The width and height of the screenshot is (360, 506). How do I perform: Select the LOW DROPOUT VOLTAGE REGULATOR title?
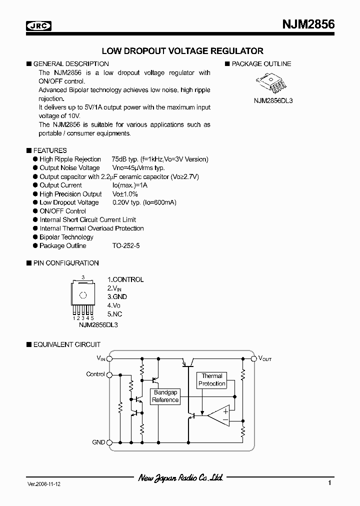click(182, 51)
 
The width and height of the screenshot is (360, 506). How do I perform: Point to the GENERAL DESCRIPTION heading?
click(70, 64)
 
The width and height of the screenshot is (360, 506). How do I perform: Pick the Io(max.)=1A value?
click(130, 185)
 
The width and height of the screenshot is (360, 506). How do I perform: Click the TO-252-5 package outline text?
click(127, 245)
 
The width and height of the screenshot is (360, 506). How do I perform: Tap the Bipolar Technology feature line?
click(66, 237)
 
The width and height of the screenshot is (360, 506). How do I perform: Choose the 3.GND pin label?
click(117, 296)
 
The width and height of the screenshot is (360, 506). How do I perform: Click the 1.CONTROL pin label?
click(125, 279)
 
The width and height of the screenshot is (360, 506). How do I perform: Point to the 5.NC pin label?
click(114, 314)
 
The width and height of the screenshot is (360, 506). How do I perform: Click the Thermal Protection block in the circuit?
click(212, 380)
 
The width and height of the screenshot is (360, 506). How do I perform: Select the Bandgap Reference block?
click(165, 396)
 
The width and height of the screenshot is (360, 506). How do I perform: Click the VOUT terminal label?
click(264, 358)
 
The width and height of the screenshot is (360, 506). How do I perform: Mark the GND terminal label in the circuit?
click(98, 442)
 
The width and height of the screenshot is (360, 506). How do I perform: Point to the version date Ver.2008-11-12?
click(44, 484)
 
